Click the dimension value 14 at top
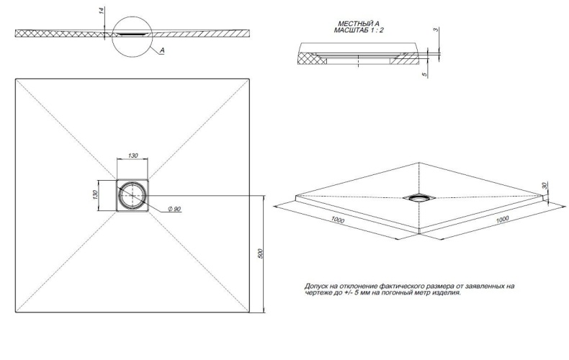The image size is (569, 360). point(103,10)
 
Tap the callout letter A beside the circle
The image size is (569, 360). point(162,51)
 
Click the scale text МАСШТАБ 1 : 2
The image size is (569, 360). point(359,30)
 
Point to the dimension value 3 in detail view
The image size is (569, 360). point(436,30)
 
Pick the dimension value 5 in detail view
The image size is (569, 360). point(424,75)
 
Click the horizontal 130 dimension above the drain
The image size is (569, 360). point(133,156)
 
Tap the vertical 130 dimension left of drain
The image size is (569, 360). point(95,194)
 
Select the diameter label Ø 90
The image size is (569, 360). point(174,209)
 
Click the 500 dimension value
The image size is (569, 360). point(260,253)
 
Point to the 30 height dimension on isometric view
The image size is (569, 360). point(544,186)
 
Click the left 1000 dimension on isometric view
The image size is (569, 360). point(338,220)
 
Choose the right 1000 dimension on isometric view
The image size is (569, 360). point(502,219)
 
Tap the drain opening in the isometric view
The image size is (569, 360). point(419,198)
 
